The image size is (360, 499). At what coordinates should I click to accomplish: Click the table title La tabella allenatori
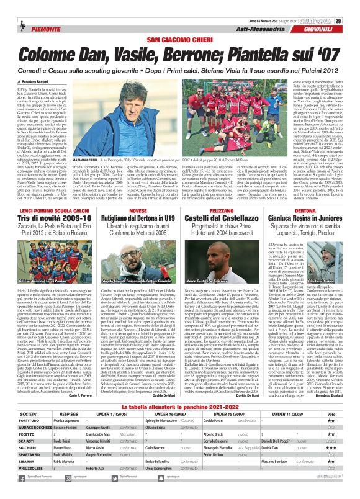pyautogui.click(x=180, y=409)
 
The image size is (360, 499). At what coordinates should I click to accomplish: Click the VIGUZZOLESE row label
pyautogui.click(x=22, y=487)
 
